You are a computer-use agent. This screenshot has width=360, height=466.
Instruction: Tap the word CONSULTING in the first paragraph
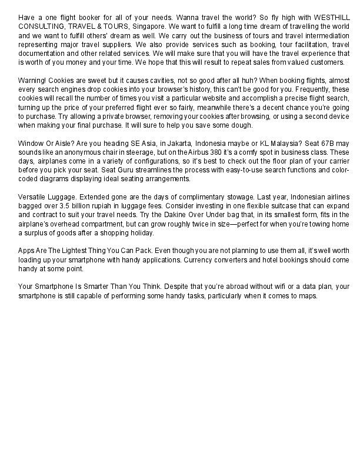39,27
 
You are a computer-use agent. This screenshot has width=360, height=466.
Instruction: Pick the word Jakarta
175,142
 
